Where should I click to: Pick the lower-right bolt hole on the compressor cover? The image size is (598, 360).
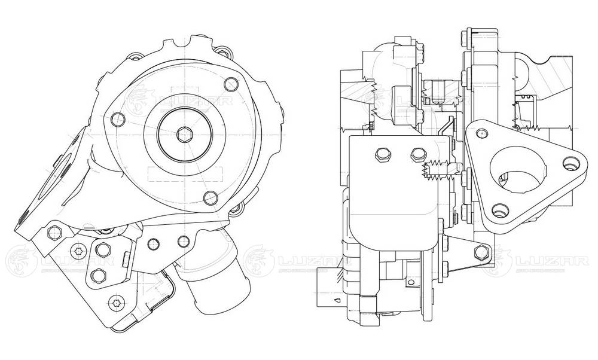pyautogui.click(x=209, y=197)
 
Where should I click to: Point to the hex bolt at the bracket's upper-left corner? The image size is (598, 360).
pyautogui.click(x=53, y=231)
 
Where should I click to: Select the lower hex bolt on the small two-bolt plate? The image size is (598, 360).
pyautogui.click(x=98, y=275)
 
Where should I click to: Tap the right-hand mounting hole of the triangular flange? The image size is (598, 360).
pyautogui.click(x=568, y=162)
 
